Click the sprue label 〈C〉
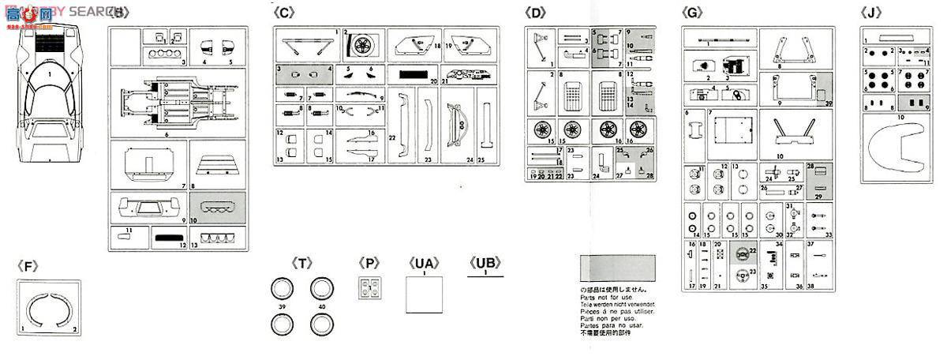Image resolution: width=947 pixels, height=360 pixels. click(283, 12)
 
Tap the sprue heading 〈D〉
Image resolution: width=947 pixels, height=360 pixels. click(536, 12)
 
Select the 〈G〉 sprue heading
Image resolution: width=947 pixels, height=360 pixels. click(692, 12)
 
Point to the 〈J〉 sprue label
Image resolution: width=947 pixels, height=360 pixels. click(871, 12)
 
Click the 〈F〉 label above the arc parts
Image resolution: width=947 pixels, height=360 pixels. click(28, 266)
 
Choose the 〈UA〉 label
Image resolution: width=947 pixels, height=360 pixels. click(424, 264)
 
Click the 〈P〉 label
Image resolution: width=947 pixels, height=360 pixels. click(369, 264)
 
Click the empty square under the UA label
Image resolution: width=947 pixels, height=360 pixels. click(424, 298)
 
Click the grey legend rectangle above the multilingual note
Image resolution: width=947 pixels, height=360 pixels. click(617, 269)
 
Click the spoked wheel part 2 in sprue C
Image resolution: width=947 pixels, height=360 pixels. click(364, 46)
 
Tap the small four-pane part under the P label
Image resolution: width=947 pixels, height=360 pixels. click(369, 289)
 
